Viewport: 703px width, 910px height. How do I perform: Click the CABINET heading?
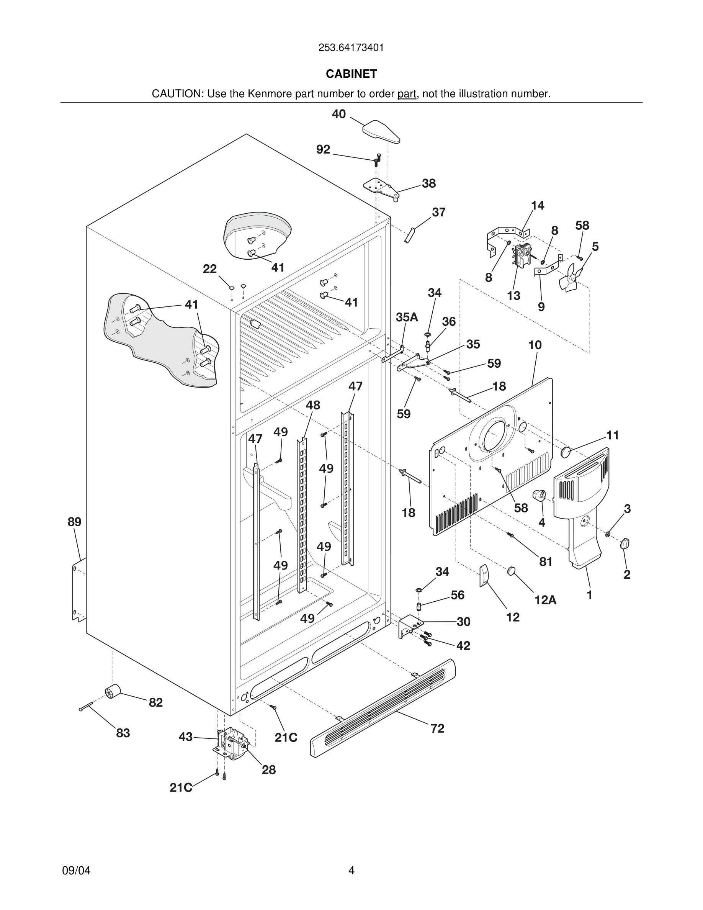pyautogui.click(x=351, y=74)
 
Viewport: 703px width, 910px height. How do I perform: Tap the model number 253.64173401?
pyautogui.click(x=351, y=48)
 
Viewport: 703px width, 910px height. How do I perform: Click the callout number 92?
pyautogui.click(x=323, y=150)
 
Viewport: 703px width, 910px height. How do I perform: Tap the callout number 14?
pyautogui.click(x=537, y=205)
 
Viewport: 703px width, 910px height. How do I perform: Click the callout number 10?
pyautogui.click(x=535, y=345)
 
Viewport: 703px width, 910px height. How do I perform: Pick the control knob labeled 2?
pyautogui.click(x=625, y=543)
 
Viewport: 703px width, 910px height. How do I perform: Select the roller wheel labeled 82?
pyautogui.click(x=112, y=691)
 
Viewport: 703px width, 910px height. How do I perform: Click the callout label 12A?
pyautogui.click(x=545, y=600)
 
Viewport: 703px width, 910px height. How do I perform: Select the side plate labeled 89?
pyautogui.click(x=79, y=589)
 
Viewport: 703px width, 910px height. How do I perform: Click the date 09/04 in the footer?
pyautogui.click(x=76, y=871)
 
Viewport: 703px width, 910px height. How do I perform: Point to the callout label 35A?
pyautogui.click(x=407, y=317)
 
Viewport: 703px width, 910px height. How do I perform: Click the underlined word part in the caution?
pyautogui.click(x=407, y=94)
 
